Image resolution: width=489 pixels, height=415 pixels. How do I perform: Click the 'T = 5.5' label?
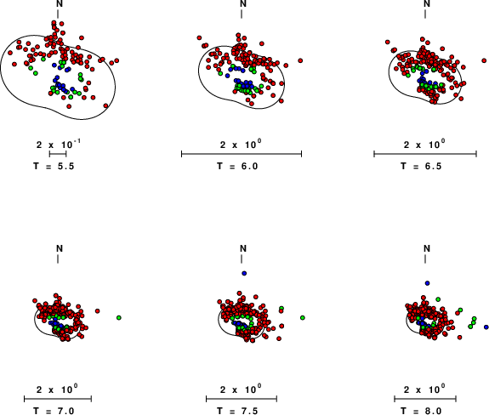coord(54,166)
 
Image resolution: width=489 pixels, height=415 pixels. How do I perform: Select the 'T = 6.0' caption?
coord(237,166)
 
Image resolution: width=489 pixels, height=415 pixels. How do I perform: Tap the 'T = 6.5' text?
coord(421,166)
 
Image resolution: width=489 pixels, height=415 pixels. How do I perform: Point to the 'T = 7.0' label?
coord(54,411)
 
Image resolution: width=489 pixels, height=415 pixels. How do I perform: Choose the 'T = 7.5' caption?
coord(237,411)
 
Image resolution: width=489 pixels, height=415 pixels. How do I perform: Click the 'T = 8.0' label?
coord(421,411)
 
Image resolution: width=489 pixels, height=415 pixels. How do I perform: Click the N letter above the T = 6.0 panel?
coord(243,3)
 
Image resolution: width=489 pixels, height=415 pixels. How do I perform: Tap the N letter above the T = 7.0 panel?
coord(60,248)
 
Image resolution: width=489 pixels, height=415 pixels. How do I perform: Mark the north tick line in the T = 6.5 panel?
coord(425,14)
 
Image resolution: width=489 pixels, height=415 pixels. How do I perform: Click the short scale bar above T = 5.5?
coord(58,153)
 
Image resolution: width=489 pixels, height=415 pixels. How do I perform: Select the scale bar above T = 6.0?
coord(242,153)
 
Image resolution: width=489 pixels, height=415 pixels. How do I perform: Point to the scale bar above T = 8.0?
coord(425,399)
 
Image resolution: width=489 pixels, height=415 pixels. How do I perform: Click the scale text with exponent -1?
coord(59,145)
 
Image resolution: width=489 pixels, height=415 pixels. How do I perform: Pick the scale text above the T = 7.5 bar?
coord(241,389)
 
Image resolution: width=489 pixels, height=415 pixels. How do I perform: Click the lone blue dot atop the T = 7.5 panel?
coord(244,274)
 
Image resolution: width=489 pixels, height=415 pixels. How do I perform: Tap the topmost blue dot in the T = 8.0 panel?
coord(427,283)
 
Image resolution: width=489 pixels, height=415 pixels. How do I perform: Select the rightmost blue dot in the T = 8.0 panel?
coord(486,327)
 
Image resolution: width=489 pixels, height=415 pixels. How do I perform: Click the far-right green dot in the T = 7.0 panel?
coord(119,318)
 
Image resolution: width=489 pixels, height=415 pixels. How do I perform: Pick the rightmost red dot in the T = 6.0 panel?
coord(300,60)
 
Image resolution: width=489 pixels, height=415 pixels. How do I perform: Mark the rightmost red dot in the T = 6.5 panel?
coord(484,60)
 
